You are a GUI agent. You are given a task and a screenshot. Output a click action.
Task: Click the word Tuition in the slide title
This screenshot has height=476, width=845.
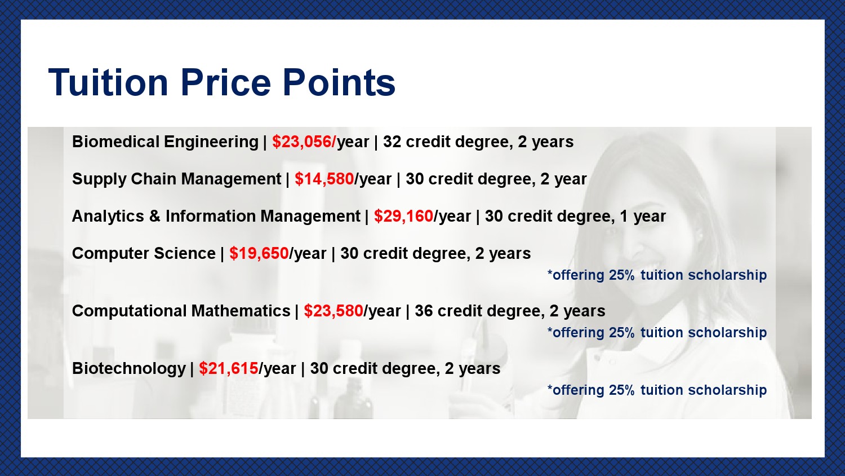coord(108,82)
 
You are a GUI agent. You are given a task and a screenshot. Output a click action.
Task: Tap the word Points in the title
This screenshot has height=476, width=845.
coord(339,82)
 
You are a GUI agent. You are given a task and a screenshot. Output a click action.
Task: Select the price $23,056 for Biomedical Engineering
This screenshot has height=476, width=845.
coord(303,142)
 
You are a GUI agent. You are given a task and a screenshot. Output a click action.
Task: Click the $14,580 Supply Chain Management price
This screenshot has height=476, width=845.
coord(324,179)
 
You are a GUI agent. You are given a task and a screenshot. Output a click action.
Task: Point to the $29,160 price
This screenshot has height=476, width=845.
coord(403,217)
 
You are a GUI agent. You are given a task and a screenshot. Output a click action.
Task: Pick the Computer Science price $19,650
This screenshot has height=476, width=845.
coord(259,253)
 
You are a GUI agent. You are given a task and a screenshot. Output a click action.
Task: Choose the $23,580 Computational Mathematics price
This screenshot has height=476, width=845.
coord(333,311)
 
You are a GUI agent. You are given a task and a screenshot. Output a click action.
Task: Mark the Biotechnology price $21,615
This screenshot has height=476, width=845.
coord(228,369)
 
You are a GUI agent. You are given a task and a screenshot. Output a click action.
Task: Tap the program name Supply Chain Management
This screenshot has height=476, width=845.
coord(176,179)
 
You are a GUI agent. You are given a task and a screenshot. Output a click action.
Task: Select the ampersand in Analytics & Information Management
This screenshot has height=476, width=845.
coord(155,217)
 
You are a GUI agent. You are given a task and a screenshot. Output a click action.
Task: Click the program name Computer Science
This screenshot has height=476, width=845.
coord(144,254)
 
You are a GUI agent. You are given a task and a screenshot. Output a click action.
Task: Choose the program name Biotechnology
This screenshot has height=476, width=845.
coord(129,369)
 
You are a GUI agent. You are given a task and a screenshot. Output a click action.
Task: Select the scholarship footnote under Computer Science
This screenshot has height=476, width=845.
coord(657,275)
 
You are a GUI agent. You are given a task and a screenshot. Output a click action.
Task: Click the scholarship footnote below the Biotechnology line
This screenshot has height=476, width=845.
coord(657,390)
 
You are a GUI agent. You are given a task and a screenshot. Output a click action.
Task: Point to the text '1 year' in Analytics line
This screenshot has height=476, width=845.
coord(643,217)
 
